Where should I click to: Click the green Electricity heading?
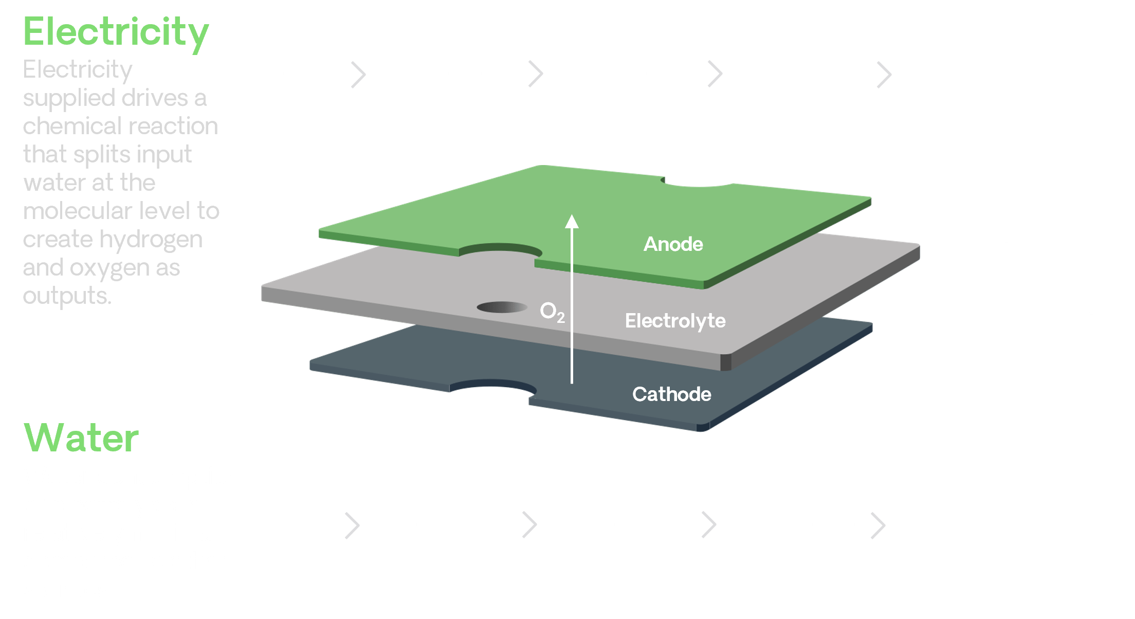pos(116,32)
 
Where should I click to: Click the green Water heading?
pos(81,438)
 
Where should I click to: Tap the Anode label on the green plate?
pos(673,244)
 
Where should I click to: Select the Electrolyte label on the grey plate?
pos(675,321)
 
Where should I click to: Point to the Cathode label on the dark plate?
pos(671,394)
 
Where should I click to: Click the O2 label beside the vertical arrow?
pos(552,312)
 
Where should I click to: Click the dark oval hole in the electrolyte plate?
pos(502,307)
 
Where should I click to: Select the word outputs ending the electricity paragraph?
pos(67,296)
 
